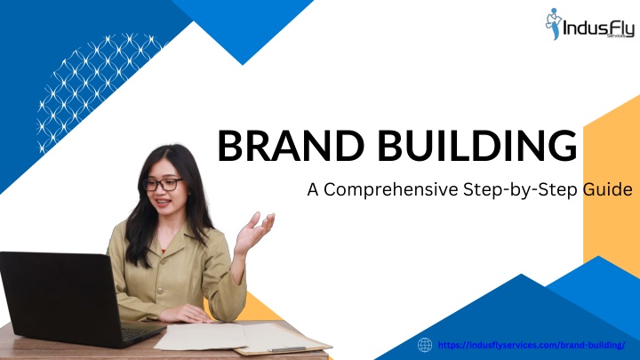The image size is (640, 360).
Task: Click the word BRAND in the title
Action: (x=291, y=146)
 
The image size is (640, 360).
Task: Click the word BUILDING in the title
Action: (x=477, y=146)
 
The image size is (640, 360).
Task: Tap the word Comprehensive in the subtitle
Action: (x=391, y=190)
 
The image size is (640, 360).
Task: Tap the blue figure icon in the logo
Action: (x=554, y=24)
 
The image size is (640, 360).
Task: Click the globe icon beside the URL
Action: (x=425, y=345)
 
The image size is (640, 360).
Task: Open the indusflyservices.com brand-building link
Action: (x=532, y=345)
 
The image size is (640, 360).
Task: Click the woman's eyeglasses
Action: (x=163, y=185)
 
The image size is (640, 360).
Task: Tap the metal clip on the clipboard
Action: (x=289, y=349)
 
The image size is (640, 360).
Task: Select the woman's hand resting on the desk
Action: (x=186, y=314)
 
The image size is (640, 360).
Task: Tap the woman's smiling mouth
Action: (x=163, y=203)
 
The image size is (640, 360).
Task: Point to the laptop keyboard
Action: (x=140, y=332)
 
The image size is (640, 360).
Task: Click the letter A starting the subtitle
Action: (x=313, y=190)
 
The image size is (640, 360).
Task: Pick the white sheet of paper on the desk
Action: (x=201, y=337)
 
